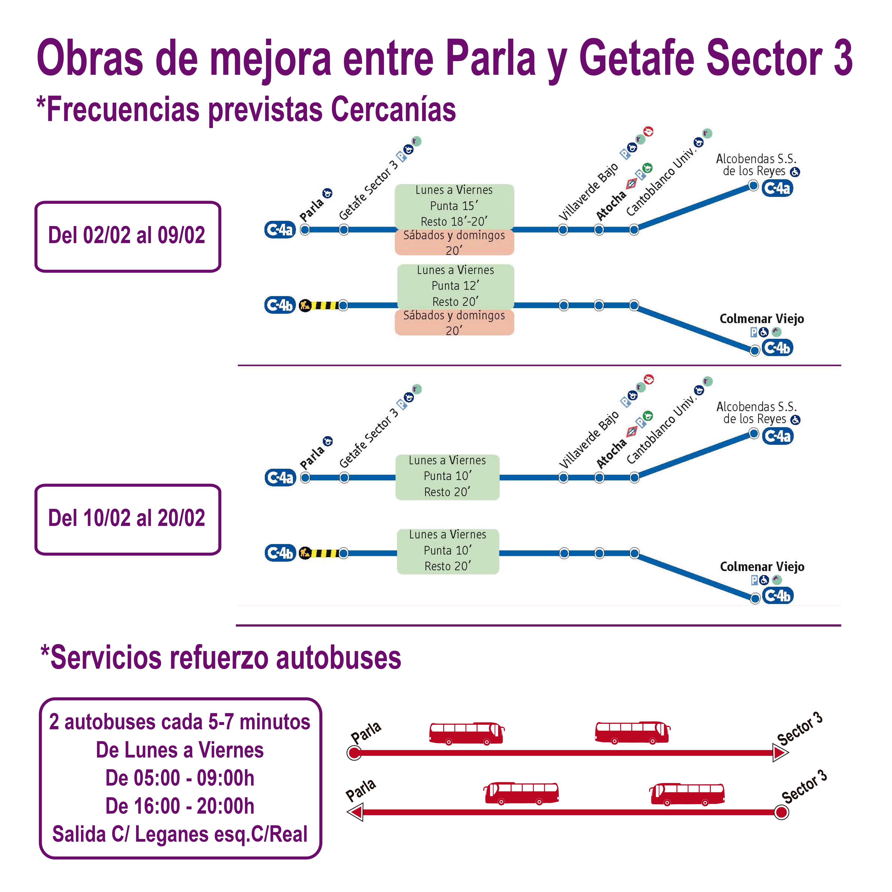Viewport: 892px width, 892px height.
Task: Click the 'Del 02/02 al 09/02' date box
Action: (127, 236)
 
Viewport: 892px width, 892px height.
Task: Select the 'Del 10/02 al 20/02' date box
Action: (127, 519)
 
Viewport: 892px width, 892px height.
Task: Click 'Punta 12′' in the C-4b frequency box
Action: (455, 286)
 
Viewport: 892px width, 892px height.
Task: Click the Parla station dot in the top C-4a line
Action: (305, 229)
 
